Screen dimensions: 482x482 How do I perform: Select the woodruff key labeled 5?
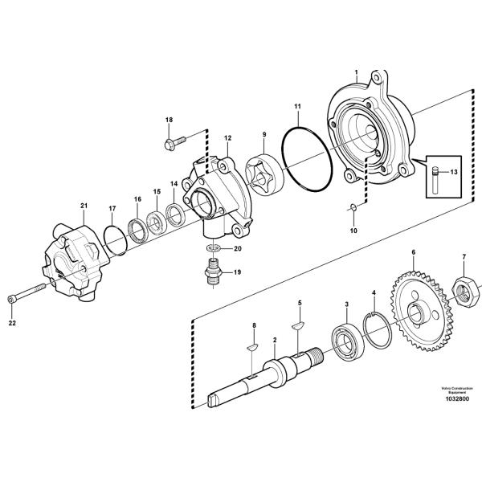[298, 325]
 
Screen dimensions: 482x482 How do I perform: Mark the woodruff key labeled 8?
[250, 347]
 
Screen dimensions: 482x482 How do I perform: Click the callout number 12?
[228, 138]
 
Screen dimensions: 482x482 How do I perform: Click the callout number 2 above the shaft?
[275, 340]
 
